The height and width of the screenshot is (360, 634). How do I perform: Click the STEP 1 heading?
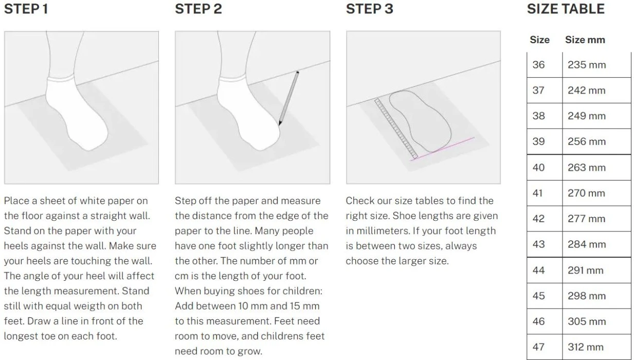point(26,9)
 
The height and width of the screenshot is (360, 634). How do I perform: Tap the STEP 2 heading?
point(198,9)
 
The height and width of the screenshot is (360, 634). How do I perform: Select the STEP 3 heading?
point(370,9)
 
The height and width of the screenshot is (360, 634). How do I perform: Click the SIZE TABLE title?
point(566,9)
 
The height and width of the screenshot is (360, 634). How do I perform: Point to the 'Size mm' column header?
point(585,40)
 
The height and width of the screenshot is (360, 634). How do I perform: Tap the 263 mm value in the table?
point(587,168)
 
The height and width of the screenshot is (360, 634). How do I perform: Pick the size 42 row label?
point(538,219)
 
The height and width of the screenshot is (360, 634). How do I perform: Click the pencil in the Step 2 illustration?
point(288,98)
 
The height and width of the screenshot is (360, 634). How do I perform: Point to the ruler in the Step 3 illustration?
point(396,129)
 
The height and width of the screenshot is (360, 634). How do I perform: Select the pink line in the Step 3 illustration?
point(442,149)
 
